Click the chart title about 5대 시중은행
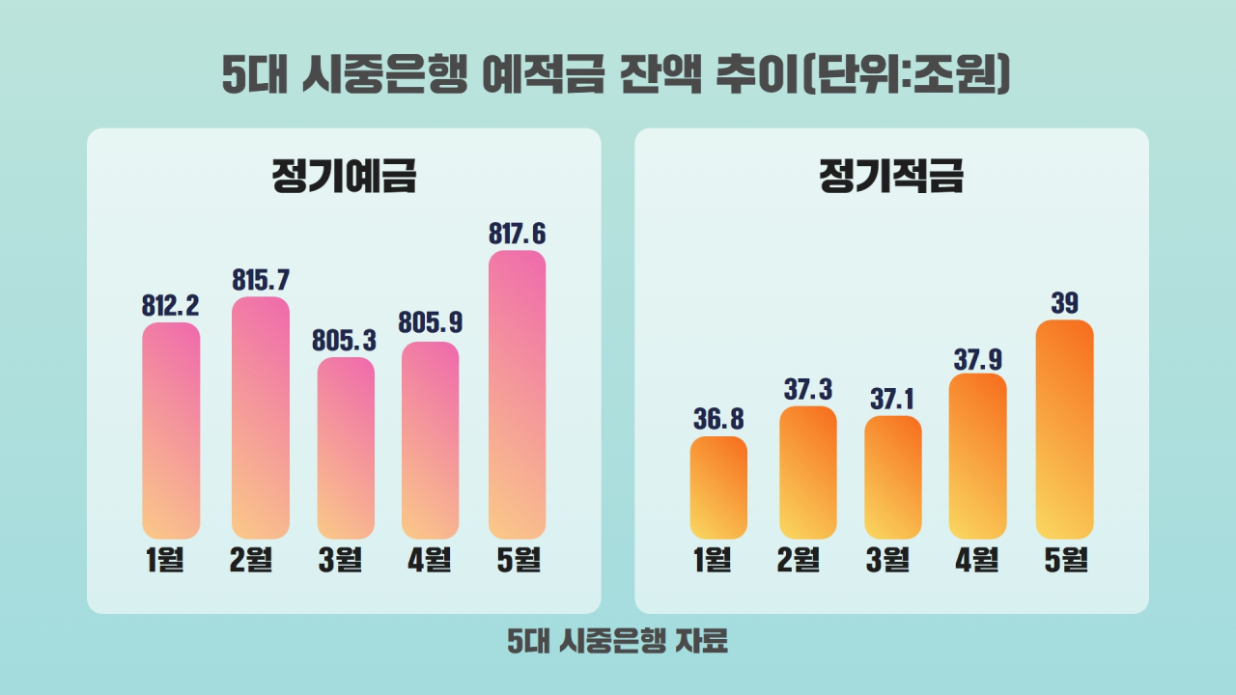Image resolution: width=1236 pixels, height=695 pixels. point(616,75)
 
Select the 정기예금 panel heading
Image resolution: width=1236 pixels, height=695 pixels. point(344,177)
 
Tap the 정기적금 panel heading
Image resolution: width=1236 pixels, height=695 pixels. point(891,177)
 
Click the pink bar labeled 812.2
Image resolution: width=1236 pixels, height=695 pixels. point(171,431)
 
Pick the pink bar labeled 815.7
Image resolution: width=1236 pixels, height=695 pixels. point(261,417)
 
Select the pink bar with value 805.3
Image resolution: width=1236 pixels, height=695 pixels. point(346,448)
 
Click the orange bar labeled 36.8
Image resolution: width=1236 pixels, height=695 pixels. point(718,487)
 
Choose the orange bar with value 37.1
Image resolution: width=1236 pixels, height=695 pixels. point(892,477)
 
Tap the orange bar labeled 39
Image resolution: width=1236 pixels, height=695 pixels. point(1064,429)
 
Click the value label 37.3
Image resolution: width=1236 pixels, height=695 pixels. point(807,389)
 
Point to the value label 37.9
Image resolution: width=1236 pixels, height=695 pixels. point(978,359)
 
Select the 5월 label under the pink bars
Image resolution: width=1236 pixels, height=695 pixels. point(518,560)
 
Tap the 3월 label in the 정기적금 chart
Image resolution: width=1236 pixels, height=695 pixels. point(888,560)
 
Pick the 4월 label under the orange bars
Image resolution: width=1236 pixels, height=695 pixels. point(976,560)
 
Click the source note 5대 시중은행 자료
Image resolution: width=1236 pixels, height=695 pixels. point(617,641)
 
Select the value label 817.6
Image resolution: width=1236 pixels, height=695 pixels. point(518,234)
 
